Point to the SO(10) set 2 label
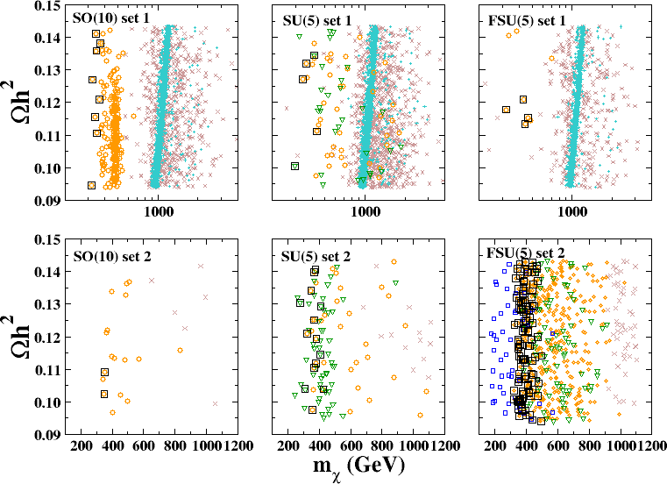tap(105, 256)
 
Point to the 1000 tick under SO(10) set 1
tap(158, 211)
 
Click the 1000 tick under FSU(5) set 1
tap(571, 211)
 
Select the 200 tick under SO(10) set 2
tap(82, 446)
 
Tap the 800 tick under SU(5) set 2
tap(382, 446)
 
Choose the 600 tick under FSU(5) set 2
tap(557, 446)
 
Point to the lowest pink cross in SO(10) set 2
tap(215, 403)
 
